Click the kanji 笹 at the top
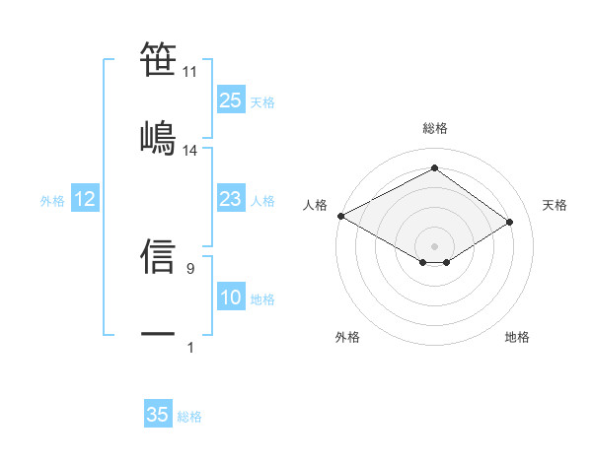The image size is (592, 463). coord(158,59)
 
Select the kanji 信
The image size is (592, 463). coord(158,254)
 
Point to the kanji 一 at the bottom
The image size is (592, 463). coord(158,334)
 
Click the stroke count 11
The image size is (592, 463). coord(190,72)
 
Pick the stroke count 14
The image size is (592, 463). coord(190,151)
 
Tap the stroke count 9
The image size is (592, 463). coord(190,267)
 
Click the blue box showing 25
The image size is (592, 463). coord(230,100)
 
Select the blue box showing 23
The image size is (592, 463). coord(230,200)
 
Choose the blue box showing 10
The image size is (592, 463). coord(230,298)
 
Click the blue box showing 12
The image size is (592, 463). coord(85,200)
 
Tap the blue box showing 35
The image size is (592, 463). coord(158,415)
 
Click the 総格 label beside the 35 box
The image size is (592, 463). coord(189,417)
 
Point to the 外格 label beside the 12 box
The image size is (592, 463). coord(52,201)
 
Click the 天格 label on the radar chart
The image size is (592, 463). coord(555,205)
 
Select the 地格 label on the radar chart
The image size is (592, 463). coord(517,337)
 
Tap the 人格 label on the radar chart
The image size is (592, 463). coord(315,205)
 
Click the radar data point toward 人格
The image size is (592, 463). coord(340,216)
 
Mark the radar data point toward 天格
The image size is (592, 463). coord(510,222)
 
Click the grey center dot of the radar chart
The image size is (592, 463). coord(434,245)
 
